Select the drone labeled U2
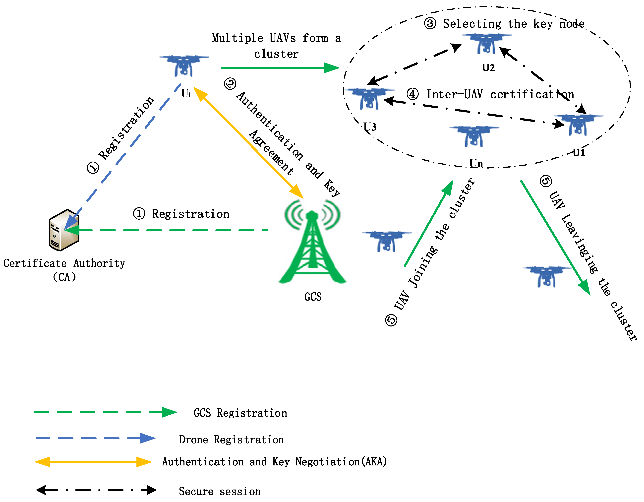pyautogui.click(x=487, y=44)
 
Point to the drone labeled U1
pyautogui.click(x=578, y=125)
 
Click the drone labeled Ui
pyautogui.click(x=184, y=65)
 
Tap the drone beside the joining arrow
pyautogui.click(x=387, y=241)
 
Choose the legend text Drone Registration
pyautogui.click(x=232, y=439)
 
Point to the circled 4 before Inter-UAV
pyautogui.click(x=412, y=94)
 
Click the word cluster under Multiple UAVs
pyautogui.click(x=276, y=54)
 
